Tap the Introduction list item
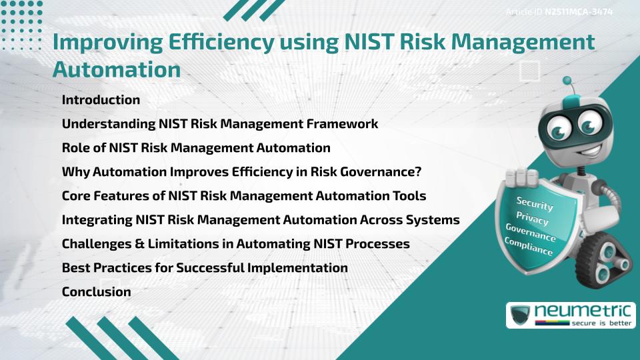(x=101, y=100)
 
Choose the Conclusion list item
(x=96, y=291)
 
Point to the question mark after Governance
(x=417, y=172)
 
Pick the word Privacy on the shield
(x=532, y=218)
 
